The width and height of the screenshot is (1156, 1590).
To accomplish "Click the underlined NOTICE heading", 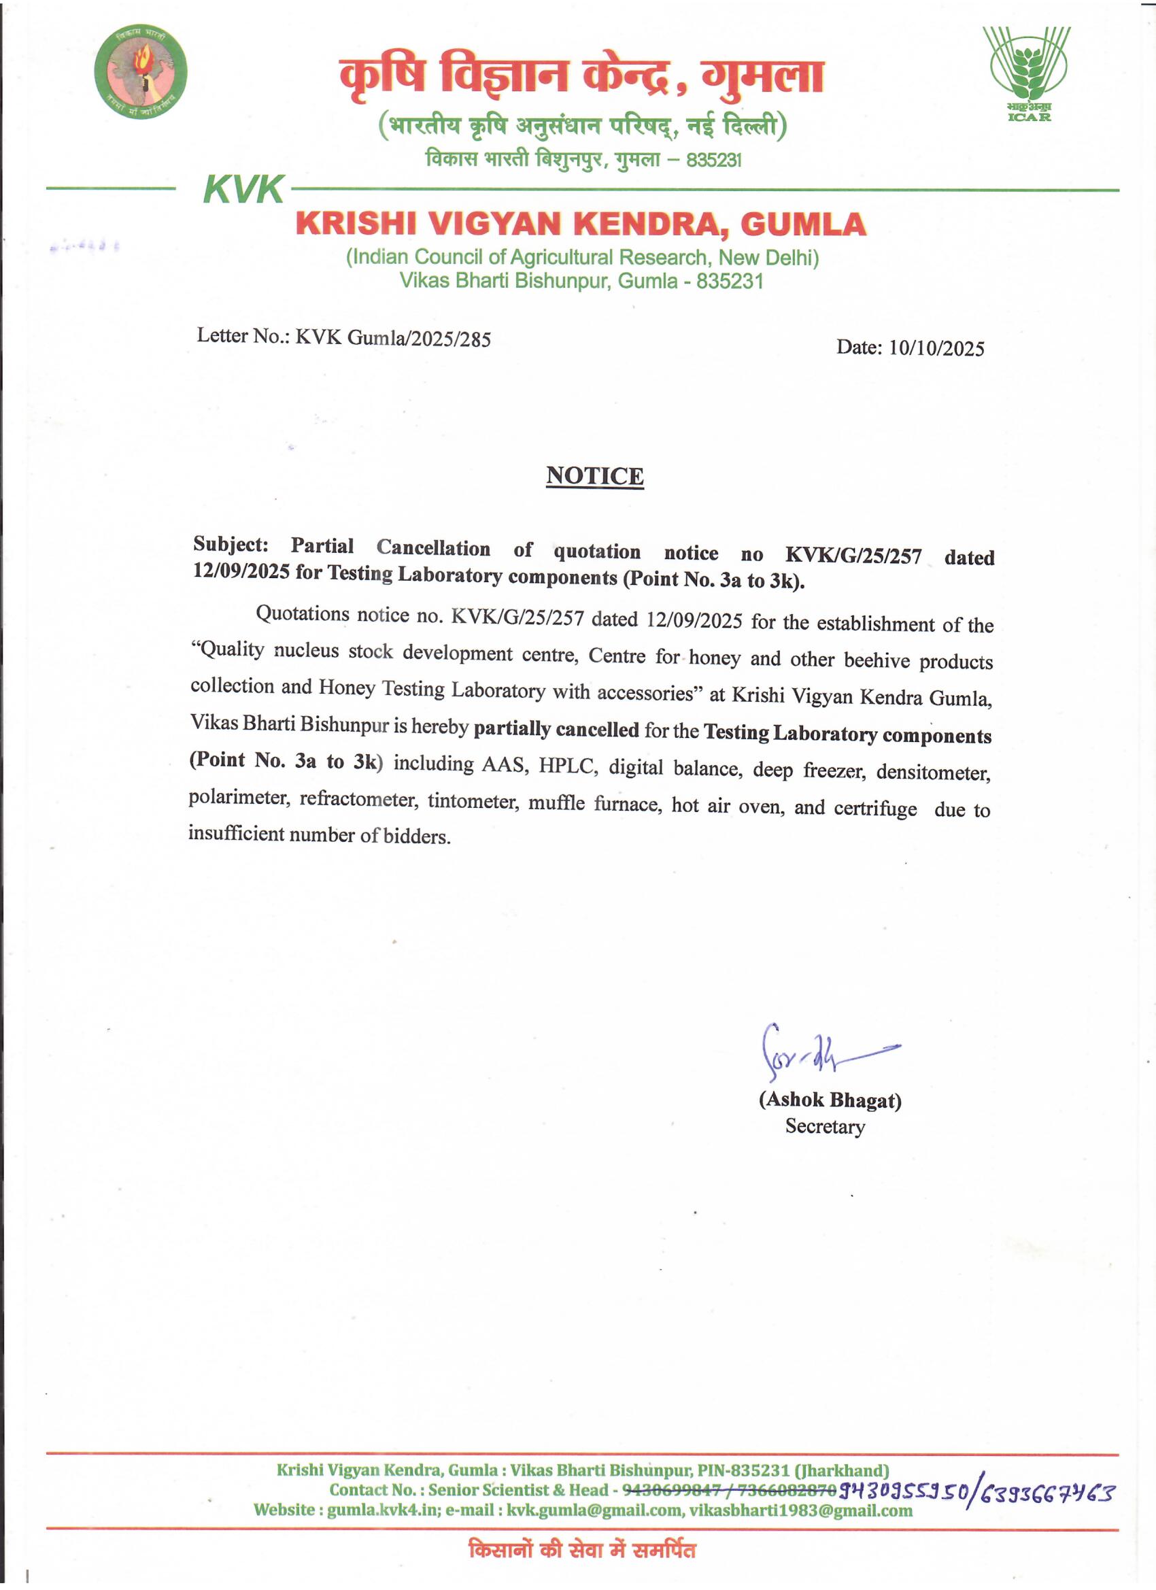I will tap(594, 476).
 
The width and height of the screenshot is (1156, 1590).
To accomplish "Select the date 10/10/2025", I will tap(936, 348).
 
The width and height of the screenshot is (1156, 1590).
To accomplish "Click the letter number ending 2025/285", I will tap(392, 339).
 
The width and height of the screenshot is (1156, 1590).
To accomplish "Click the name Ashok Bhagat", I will tap(830, 1099).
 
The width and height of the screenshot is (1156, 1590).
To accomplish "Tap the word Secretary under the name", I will tap(824, 1127).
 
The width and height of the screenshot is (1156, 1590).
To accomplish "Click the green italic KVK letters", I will tap(243, 189).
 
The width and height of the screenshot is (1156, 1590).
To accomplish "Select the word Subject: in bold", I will tap(231, 544).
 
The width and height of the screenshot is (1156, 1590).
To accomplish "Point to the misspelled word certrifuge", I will tap(875, 809).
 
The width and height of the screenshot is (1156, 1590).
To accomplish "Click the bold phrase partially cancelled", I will tap(556, 729).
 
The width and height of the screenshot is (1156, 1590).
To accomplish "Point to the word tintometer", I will tap(473, 800).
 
